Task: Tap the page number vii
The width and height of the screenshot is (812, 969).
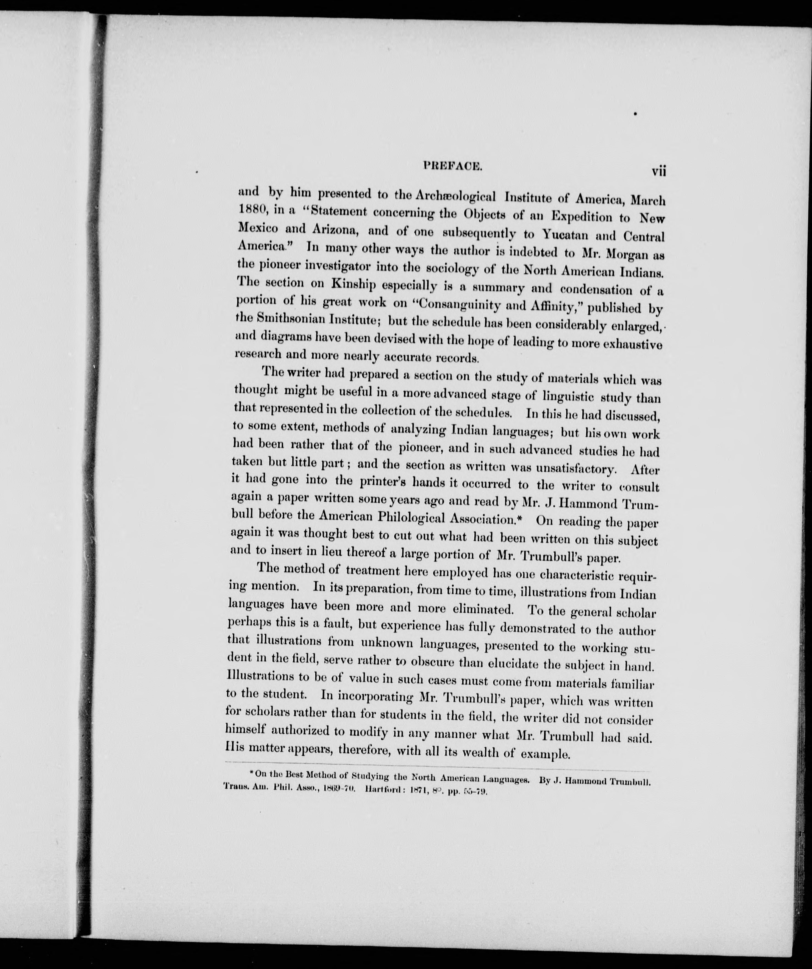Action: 657,171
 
